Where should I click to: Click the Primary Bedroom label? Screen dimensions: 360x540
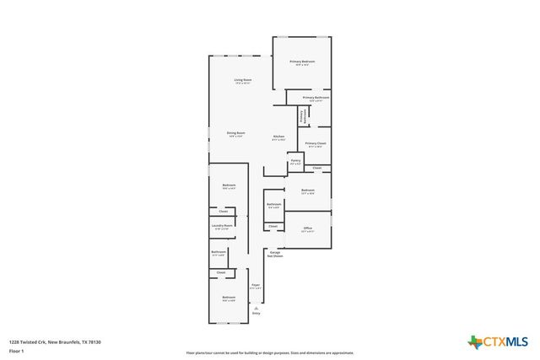(x=302, y=62)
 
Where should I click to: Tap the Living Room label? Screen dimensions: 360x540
(x=243, y=80)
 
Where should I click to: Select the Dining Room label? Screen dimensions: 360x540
(x=235, y=133)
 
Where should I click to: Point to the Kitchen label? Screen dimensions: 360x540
(x=278, y=137)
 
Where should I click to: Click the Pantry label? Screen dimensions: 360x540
(x=295, y=159)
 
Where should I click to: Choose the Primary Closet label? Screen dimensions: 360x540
(x=316, y=144)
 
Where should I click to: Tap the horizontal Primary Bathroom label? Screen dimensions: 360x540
(x=316, y=98)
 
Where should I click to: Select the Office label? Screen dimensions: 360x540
(x=308, y=228)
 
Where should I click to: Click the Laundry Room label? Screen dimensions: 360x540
(x=223, y=225)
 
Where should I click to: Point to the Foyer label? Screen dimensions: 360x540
(x=255, y=285)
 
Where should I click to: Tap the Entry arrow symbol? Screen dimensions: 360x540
(x=256, y=309)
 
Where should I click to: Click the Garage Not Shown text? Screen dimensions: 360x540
(x=275, y=253)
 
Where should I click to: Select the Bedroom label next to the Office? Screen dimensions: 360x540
(x=308, y=191)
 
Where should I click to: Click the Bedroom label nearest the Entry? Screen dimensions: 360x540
(x=229, y=298)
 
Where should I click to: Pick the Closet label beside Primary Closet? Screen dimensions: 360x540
(x=316, y=169)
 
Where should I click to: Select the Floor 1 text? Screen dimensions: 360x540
(x=17, y=350)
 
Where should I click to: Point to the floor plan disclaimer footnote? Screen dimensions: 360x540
(x=270, y=353)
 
